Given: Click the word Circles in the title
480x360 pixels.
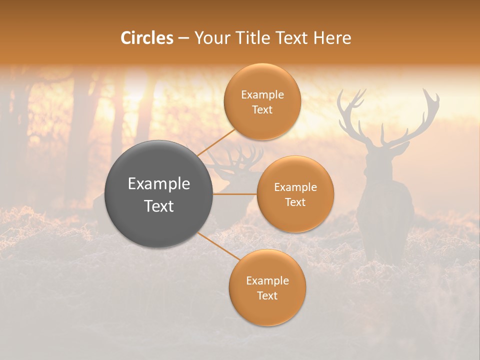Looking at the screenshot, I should [147, 38].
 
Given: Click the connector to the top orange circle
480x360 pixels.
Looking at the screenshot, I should [216, 142].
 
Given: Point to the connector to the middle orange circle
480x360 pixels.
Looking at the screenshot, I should [235, 194].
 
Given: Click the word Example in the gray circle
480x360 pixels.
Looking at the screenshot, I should [159, 184].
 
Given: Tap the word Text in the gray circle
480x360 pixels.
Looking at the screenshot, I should [159, 206].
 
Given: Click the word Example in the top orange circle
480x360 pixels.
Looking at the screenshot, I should [262, 95].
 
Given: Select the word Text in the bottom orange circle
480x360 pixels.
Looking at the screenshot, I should [267, 295].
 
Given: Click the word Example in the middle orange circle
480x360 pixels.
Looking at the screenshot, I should [295, 187].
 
